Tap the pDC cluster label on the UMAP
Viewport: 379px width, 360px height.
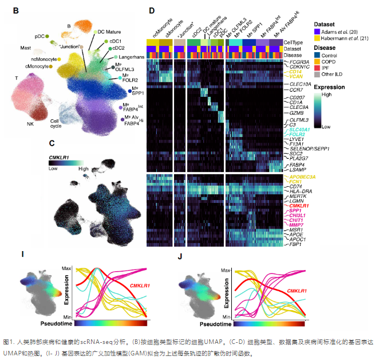click(38, 36)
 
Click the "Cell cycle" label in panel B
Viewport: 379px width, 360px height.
click(56, 124)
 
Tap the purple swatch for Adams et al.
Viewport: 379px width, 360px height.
click(317, 32)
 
